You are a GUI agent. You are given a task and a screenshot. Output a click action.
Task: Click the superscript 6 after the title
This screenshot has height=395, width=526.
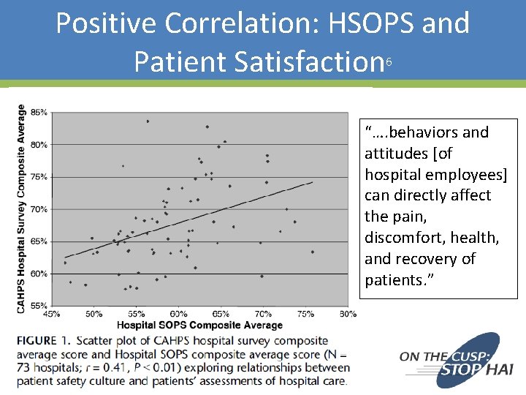[x=389, y=63]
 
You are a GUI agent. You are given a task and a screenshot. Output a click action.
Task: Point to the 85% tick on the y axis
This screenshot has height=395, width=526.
[x=39, y=113]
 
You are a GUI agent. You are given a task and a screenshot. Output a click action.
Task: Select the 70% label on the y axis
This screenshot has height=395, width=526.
[x=39, y=209]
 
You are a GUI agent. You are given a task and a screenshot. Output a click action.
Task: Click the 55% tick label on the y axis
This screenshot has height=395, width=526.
[x=39, y=306]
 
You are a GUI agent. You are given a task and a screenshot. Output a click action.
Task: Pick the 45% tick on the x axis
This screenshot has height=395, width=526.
[x=52, y=315]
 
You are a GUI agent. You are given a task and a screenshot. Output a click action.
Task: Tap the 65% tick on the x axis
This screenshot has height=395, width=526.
[x=221, y=315]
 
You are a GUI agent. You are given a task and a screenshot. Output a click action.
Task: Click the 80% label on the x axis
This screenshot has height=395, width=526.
[x=348, y=315]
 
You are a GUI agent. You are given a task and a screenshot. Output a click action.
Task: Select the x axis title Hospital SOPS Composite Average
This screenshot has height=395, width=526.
[x=199, y=325]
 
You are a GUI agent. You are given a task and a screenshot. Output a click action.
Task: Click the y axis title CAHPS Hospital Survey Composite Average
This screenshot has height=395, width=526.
[x=21, y=208]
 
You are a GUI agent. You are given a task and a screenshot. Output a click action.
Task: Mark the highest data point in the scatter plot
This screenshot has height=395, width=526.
[x=148, y=121]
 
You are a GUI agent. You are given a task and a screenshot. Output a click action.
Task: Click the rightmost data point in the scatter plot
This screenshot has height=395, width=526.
[x=313, y=252]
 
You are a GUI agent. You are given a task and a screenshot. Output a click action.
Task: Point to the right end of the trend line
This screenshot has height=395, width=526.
[x=313, y=181]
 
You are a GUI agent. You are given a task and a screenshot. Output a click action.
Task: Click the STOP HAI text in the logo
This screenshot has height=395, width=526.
[x=470, y=369]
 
